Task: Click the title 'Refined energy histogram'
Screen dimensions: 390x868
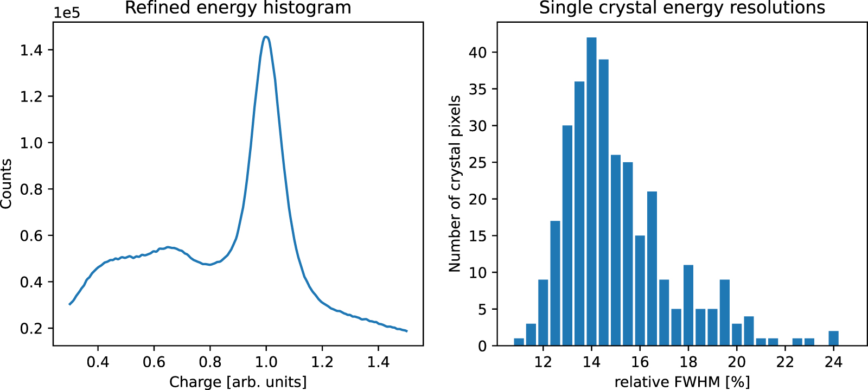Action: (x=238, y=8)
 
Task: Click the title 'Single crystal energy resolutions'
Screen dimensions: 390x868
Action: (x=682, y=8)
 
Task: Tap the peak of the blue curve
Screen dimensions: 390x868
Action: (x=266, y=37)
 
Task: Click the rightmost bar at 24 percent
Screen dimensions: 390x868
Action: (x=834, y=338)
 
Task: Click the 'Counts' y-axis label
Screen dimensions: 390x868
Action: (x=7, y=183)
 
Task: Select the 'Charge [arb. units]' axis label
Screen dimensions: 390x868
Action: (x=238, y=382)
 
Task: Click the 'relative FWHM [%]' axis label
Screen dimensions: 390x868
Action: (x=682, y=382)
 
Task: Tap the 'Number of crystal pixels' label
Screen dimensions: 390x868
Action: (x=455, y=183)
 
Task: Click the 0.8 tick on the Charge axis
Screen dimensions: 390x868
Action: (x=210, y=362)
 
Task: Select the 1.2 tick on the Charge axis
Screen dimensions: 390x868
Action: (x=322, y=362)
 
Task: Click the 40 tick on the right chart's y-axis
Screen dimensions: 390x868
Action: (x=477, y=53)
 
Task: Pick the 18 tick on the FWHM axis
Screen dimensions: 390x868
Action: (x=688, y=362)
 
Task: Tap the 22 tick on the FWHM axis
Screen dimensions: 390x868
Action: (x=785, y=362)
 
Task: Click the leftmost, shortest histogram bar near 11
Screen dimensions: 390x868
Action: (x=519, y=342)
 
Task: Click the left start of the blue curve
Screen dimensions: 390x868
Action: (x=70, y=304)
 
